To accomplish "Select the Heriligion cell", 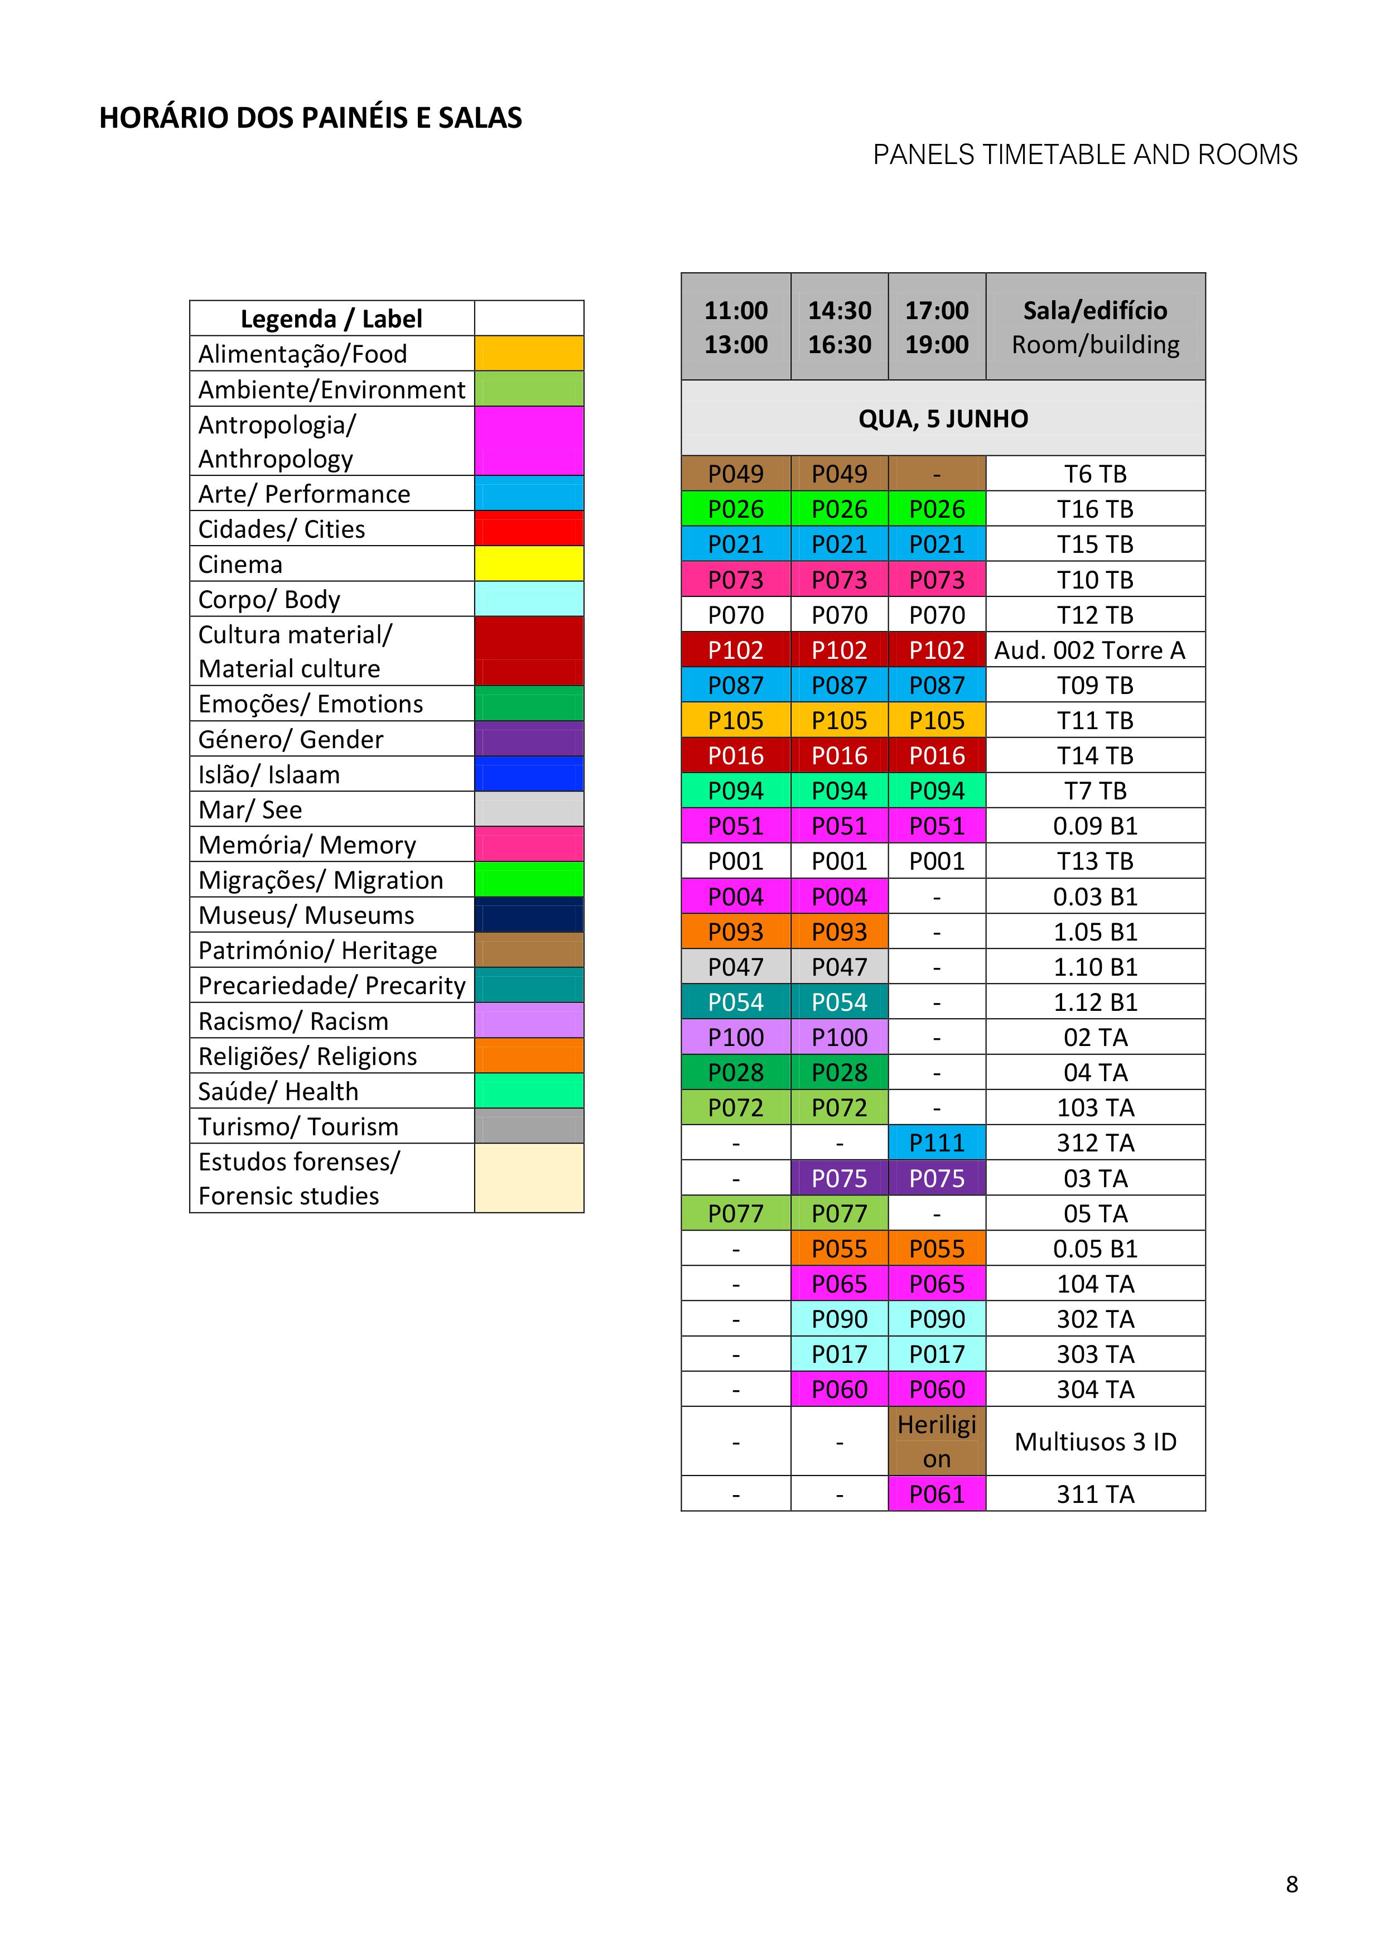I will pos(937,1442).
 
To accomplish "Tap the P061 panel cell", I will pos(937,1494).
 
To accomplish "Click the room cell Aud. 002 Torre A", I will pos(1095,650).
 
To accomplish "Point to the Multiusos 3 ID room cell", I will pos(1095,1442).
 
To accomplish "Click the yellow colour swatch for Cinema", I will pos(528,563).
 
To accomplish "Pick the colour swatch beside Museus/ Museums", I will pos(528,914).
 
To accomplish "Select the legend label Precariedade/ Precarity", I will pos(331,985).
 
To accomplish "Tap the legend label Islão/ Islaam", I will pos(269,774).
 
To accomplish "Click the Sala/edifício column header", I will pos(1095,327).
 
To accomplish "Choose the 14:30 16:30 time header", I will pos(840,327).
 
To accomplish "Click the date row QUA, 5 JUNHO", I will pos(943,418).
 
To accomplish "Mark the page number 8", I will pos(1291,1884).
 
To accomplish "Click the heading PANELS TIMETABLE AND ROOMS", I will pos(1085,155).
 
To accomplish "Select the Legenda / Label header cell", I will pos(331,318).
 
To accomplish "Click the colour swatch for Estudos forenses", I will pos(528,1178).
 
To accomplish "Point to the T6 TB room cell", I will pos(1095,474).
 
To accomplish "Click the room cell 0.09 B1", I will pos(1095,826).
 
